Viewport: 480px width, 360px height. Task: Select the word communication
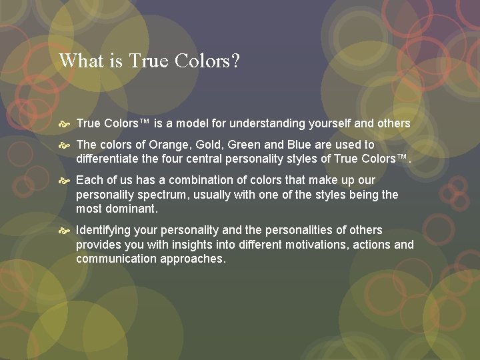[116, 259]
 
